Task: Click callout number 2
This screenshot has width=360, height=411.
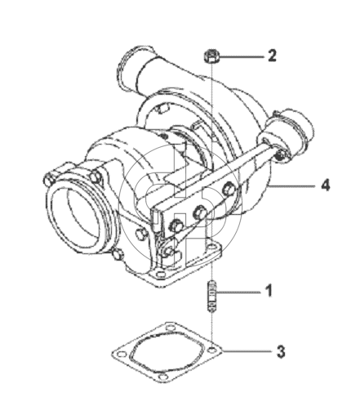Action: coord(272,56)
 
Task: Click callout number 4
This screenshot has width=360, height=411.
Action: coord(326,185)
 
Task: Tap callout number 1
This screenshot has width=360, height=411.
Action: coord(269,290)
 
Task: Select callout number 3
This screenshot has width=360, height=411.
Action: coord(281,351)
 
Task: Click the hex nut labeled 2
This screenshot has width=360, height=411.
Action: coord(211,56)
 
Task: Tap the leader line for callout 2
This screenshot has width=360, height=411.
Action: coord(242,56)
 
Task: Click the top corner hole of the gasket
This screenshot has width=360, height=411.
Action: coord(170,327)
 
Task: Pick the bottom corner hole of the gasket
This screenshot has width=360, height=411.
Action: coord(163,377)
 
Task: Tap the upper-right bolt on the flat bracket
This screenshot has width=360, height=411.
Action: coord(229,190)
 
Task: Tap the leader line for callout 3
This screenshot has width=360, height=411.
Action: coord(247,351)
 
